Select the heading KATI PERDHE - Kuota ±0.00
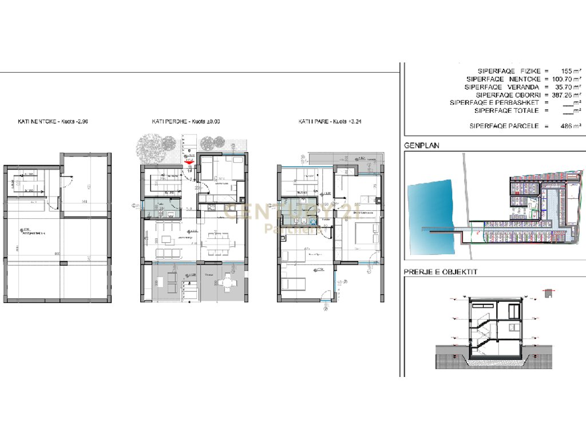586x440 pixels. click(185, 122)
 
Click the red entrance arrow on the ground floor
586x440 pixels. click(189, 162)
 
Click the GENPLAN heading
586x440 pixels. click(421, 146)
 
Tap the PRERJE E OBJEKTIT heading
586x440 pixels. click(440, 272)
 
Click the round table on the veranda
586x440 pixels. click(228, 281)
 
